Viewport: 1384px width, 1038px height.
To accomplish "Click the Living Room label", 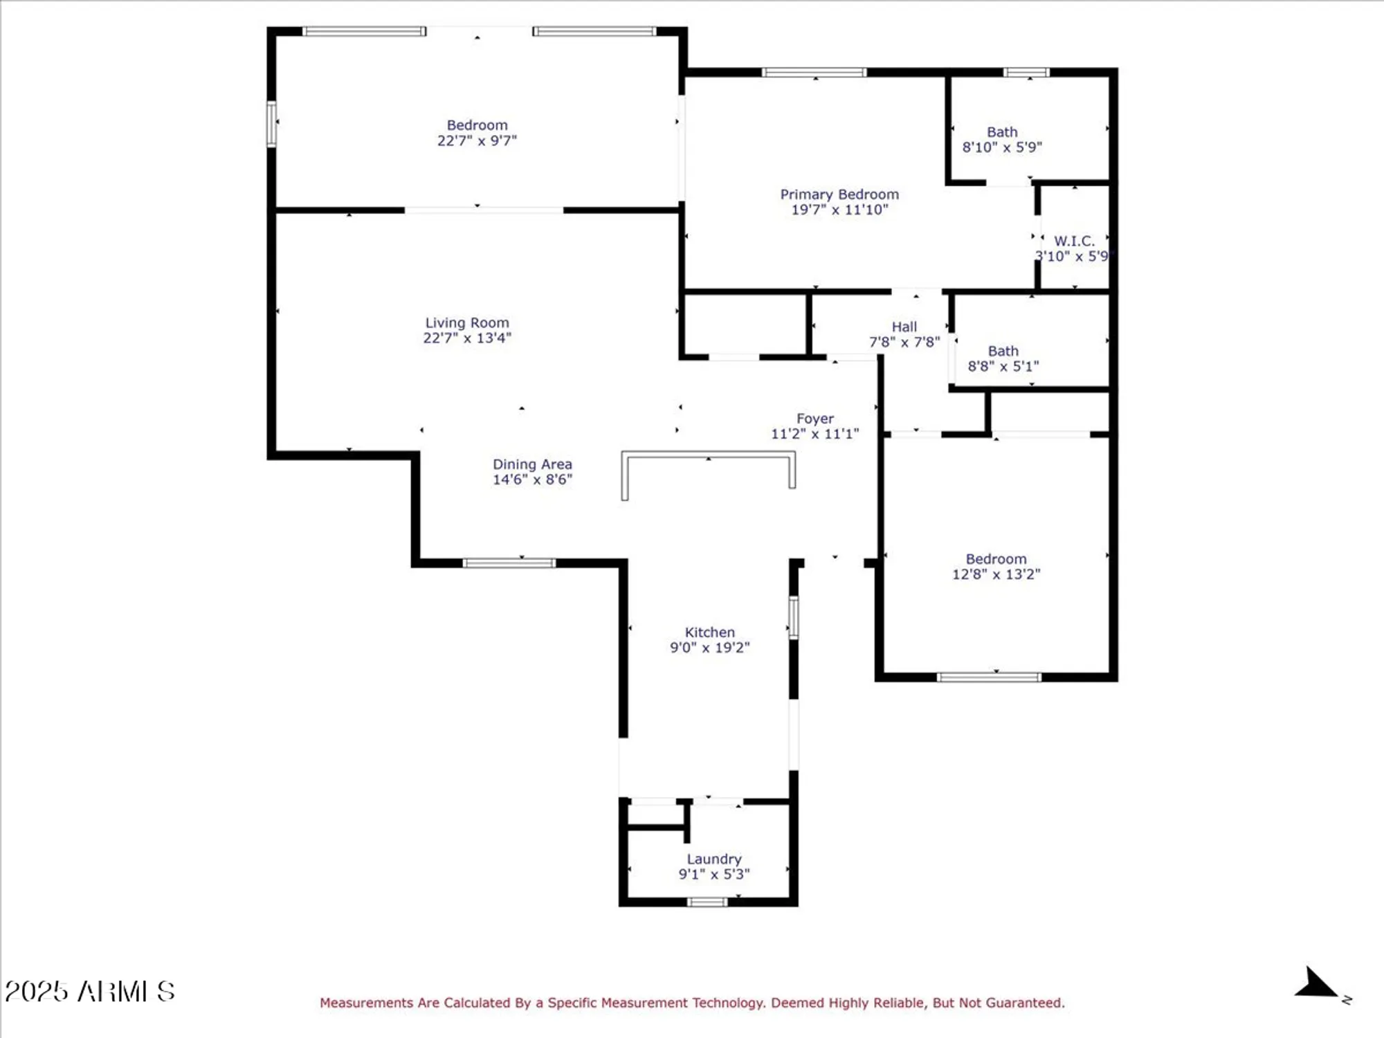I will [x=467, y=322].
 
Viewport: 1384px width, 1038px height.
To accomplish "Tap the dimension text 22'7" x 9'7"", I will [x=477, y=140].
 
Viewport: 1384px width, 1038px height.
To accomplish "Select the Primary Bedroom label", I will [x=839, y=194].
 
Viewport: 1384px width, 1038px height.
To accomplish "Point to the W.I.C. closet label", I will [x=1074, y=241].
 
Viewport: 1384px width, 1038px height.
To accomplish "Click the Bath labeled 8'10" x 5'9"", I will [x=1002, y=132].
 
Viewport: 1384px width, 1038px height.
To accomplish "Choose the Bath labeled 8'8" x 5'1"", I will [x=1003, y=352].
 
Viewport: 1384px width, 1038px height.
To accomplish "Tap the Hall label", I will [x=904, y=327].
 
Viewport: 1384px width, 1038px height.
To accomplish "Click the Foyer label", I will [x=814, y=419].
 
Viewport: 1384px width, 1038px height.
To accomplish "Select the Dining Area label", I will [x=532, y=464].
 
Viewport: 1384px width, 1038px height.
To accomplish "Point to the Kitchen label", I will [x=709, y=632].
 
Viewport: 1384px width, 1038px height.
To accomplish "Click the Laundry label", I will [x=713, y=859].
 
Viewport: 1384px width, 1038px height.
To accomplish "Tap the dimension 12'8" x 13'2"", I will [x=996, y=574].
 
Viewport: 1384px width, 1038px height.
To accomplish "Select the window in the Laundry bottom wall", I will [x=707, y=902].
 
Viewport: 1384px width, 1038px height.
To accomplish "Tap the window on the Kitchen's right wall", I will [x=793, y=617].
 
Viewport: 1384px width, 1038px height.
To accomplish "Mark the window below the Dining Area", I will [x=509, y=563].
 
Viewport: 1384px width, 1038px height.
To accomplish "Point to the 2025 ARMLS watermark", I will [x=90, y=992].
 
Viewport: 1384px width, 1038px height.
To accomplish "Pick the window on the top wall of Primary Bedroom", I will [x=814, y=73].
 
